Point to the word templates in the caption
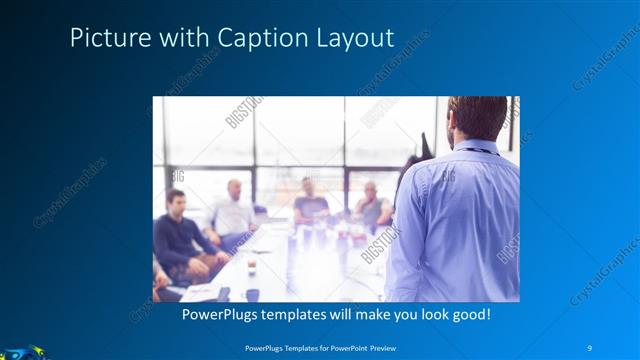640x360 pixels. click(x=310, y=314)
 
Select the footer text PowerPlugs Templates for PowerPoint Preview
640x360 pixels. click(x=320, y=347)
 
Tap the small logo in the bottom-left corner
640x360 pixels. click(x=20, y=352)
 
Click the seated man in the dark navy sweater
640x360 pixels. click(x=176, y=235)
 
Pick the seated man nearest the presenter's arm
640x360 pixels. click(x=372, y=207)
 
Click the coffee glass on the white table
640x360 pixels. click(x=251, y=267)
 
